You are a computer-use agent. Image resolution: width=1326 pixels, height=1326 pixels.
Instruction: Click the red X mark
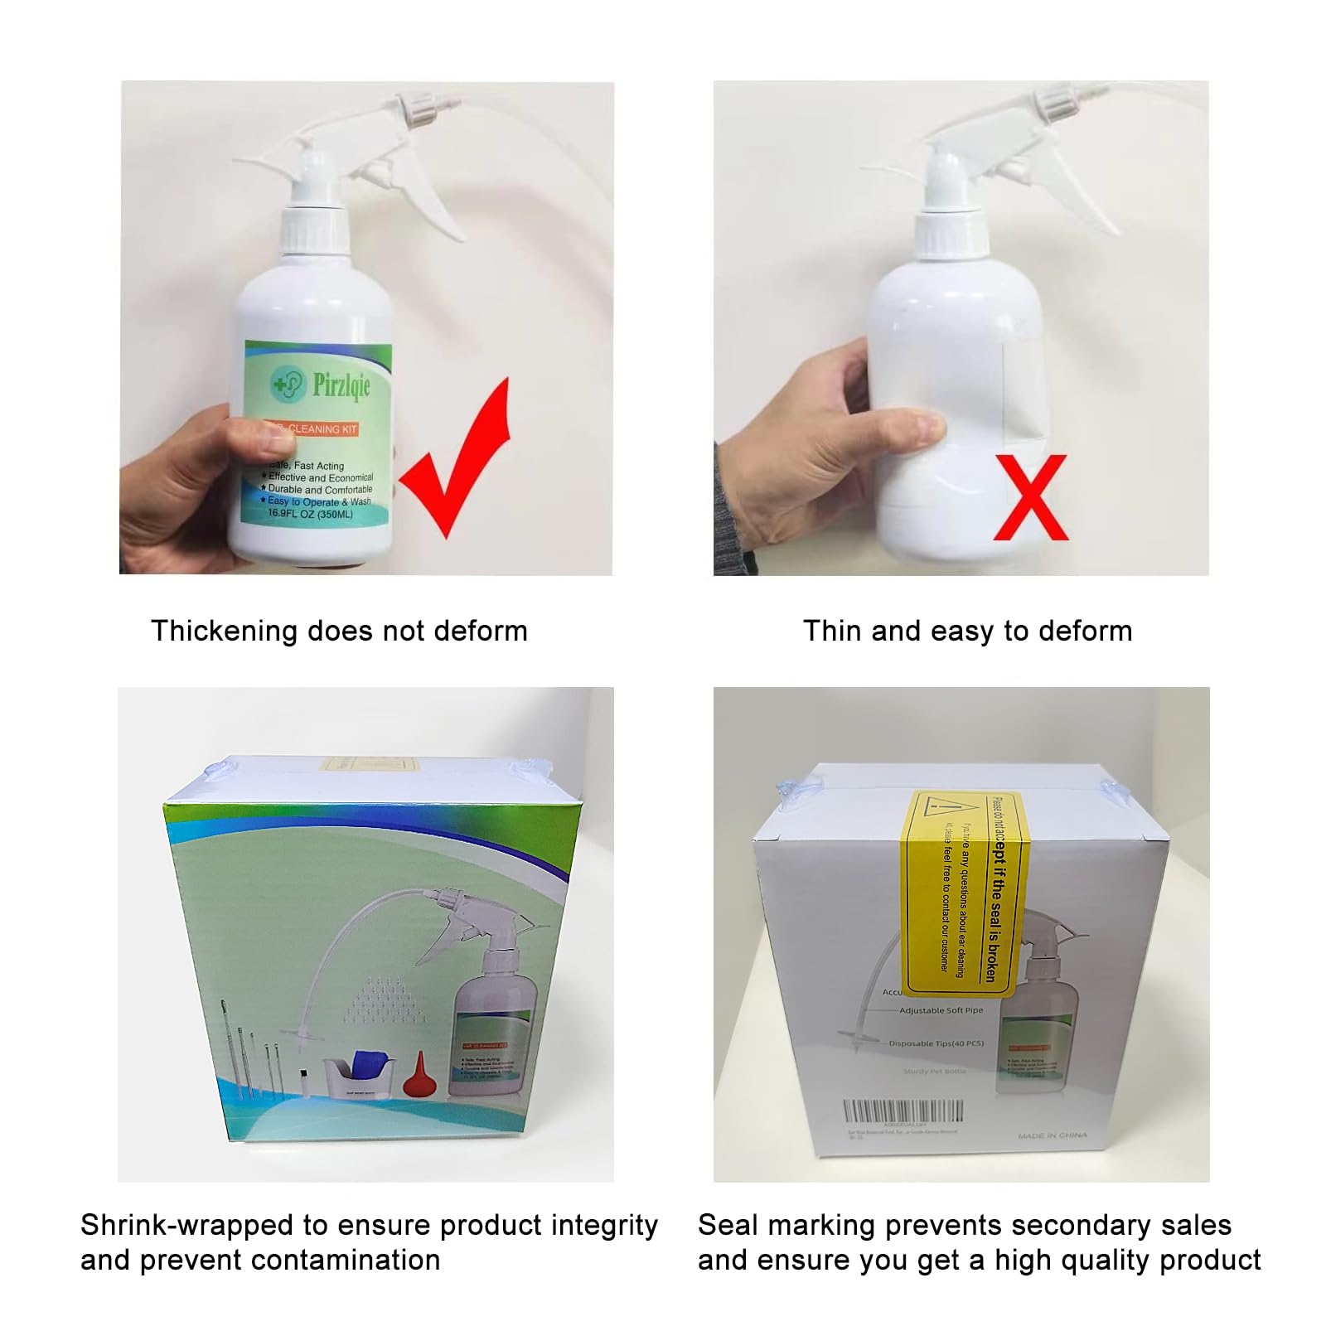pos(1029,497)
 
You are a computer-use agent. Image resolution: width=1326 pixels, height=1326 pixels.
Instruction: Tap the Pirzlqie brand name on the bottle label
pos(341,385)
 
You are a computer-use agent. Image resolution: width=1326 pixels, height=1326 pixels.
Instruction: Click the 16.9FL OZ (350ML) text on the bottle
pos(310,514)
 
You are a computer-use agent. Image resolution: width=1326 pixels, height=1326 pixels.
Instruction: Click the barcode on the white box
pos(903,1111)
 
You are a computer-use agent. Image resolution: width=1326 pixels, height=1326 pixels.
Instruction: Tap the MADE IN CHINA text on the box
pos(1052,1135)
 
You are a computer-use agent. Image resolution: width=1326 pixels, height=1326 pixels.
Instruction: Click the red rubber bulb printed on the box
pos(419,1075)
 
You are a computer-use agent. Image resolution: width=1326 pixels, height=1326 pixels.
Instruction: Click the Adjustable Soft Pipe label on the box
pos(941,1010)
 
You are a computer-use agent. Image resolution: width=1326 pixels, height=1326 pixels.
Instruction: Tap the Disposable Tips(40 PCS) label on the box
pos(936,1043)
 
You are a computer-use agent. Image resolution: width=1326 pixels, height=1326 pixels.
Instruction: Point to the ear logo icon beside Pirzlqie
pos(288,384)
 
